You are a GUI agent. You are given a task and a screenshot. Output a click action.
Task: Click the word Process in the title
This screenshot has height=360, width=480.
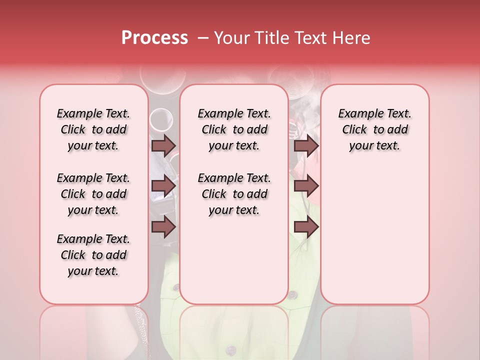pyautogui.click(x=154, y=38)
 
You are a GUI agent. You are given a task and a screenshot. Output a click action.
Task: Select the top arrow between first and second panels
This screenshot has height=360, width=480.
pyautogui.click(x=163, y=145)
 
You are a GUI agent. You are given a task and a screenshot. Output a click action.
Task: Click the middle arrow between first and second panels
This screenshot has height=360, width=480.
pyautogui.click(x=163, y=186)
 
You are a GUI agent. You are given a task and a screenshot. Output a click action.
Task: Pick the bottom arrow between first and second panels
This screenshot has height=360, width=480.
pyautogui.click(x=163, y=227)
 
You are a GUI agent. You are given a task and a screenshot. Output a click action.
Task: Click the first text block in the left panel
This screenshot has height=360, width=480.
pyautogui.click(x=93, y=129)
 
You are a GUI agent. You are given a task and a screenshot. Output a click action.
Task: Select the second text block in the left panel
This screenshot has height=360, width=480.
pyautogui.click(x=93, y=194)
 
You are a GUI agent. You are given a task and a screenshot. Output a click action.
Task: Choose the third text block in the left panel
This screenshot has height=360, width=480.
pyautogui.click(x=93, y=255)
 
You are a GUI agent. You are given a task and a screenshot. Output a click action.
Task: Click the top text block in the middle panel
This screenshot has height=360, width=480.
pyautogui.click(x=234, y=129)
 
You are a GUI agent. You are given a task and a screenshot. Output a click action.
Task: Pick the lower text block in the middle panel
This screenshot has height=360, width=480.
pyautogui.click(x=234, y=194)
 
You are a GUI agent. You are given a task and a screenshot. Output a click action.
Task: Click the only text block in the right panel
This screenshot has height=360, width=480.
pyautogui.click(x=374, y=129)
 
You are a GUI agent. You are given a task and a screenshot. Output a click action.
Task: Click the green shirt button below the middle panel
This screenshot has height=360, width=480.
pyautogui.click(x=292, y=295)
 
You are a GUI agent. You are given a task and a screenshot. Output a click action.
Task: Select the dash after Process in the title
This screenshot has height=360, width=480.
pyautogui.click(x=200, y=38)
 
